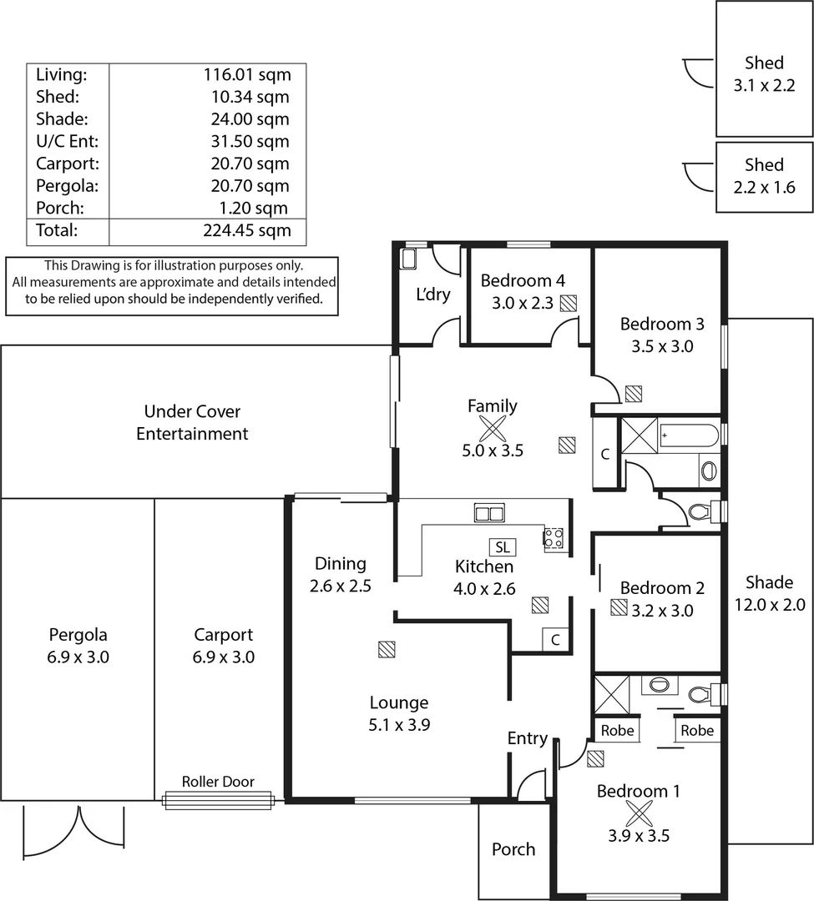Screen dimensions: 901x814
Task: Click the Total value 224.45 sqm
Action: [x=247, y=230]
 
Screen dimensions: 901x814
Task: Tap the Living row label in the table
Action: [x=61, y=74]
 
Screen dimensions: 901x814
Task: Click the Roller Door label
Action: [x=218, y=782]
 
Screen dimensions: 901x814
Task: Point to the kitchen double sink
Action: [x=489, y=513]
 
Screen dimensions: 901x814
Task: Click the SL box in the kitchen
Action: [x=502, y=547]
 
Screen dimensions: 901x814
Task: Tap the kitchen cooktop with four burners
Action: [x=554, y=538]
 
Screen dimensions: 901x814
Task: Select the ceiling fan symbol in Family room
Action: [x=492, y=429]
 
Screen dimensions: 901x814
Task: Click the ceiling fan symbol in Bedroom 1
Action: [x=639, y=813]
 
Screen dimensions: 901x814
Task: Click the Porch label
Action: [x=513, y=849]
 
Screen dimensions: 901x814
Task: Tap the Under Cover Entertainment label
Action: [x=192, y=422]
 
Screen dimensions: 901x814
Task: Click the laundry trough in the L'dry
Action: [x=410, y=258]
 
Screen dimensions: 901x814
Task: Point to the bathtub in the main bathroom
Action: [x=688, y=436]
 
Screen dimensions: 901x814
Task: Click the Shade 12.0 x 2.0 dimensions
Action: [x=769, y=605]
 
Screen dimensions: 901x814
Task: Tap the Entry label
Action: [x=528, y=738]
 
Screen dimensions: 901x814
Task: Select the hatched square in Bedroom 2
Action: [x=619, y=608]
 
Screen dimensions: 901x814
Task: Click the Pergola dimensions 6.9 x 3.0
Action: [x=78, y=657]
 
